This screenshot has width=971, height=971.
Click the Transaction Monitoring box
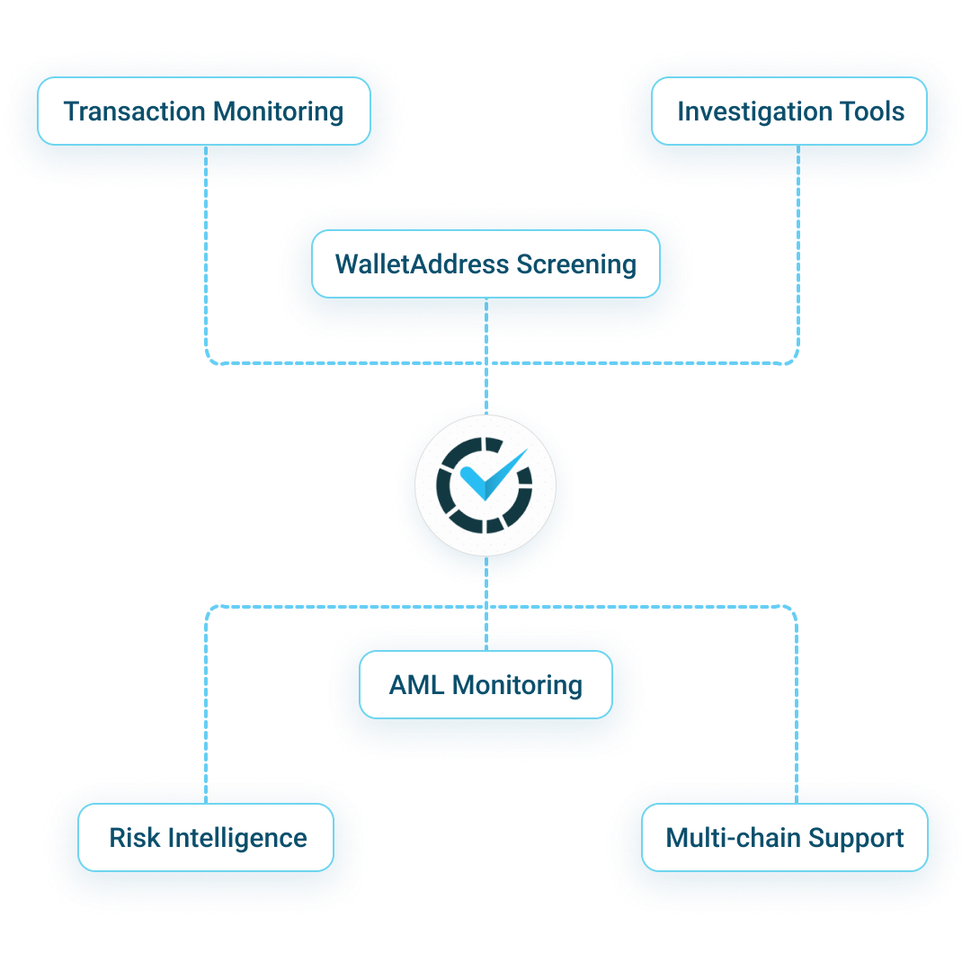pos(204,111)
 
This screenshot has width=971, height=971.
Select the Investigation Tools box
pos(789,111)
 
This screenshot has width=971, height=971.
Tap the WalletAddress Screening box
pos(485,264)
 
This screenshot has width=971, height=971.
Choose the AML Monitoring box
pos(485,685)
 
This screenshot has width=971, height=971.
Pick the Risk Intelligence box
pos(206,838)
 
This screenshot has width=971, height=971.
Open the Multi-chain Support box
pos(784,838)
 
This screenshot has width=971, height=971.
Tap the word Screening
pos(576,265)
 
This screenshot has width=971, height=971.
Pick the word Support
pos(855,838)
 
